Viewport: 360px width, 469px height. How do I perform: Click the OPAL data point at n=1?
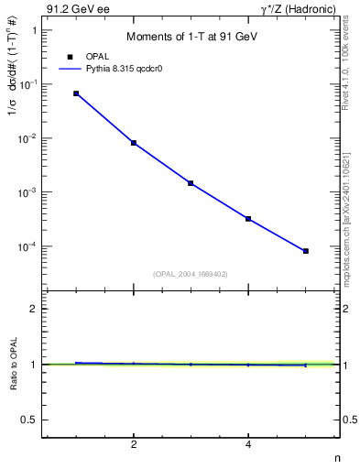point(76,93)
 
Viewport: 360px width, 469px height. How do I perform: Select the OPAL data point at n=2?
point(134,143)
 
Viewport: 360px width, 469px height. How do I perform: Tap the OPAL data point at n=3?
point(191,183)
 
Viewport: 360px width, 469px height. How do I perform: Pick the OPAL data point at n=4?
point(248,219)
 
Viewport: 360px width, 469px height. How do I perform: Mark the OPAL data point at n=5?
point(306,251)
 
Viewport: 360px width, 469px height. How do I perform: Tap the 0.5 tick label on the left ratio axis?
point(28,420)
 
